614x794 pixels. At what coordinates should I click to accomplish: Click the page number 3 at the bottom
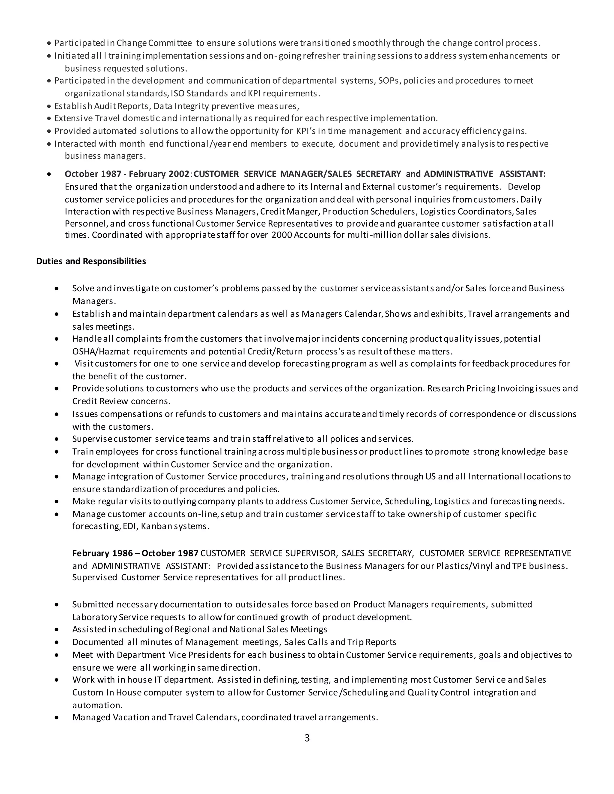coord(307,738)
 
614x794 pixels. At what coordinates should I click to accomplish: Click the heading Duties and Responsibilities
coord(91,261)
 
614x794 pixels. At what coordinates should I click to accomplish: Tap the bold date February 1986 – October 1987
coord(135,553)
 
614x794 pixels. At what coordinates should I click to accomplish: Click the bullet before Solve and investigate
coord(56,289)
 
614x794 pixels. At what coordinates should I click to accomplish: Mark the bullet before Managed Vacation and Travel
coord(56,718)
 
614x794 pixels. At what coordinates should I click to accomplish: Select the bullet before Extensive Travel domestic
coord(49,119)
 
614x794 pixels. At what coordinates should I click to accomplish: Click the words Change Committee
coord(154,43)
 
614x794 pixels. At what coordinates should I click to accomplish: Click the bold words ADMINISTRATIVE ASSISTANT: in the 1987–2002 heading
coord(484,174)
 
